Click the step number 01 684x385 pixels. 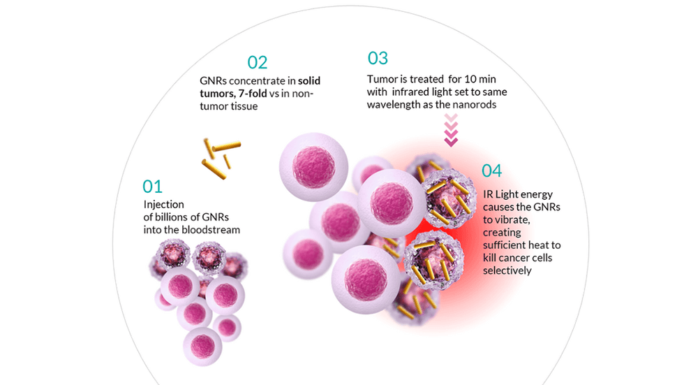click(x=152, y=186)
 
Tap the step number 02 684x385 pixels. click(x=257, y=62)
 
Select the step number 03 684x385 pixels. click(x=378, y=58)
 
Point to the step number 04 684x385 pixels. click(x=491, y=170)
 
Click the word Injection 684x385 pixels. click(x=164, y=204)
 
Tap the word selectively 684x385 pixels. click(x=507, y=270)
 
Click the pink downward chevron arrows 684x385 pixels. click(x=451, y=131)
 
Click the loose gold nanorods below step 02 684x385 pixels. click(x=220, y=158)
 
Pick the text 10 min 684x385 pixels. click(x=472, y=79)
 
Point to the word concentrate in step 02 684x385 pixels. click(x=260, y=81)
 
